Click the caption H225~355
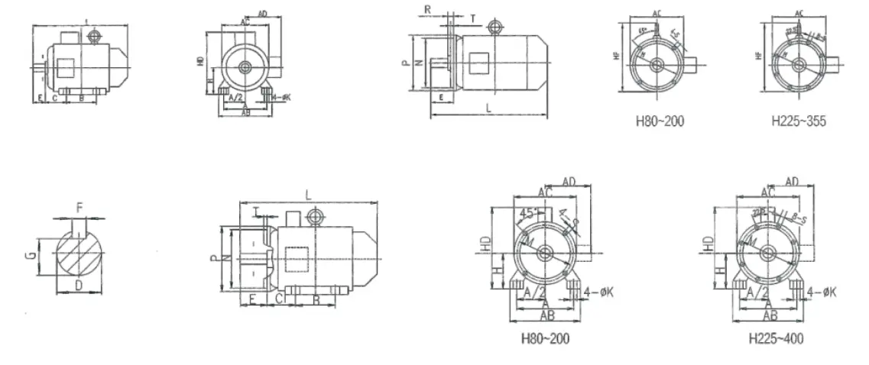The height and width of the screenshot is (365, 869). (x=799, y=121)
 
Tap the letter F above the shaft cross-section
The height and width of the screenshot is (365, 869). (x=80, y=207)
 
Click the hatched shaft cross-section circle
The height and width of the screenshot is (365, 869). (x=79, y=248)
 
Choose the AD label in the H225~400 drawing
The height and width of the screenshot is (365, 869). (x=791, y=181)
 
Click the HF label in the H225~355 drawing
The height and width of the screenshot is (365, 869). (x=757, y=55)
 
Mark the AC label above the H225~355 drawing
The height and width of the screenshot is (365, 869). (x=799, y=13)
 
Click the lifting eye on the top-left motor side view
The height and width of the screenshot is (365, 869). (x=95, y=36)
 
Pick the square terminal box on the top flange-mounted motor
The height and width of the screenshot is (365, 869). (x=480, y=63)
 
